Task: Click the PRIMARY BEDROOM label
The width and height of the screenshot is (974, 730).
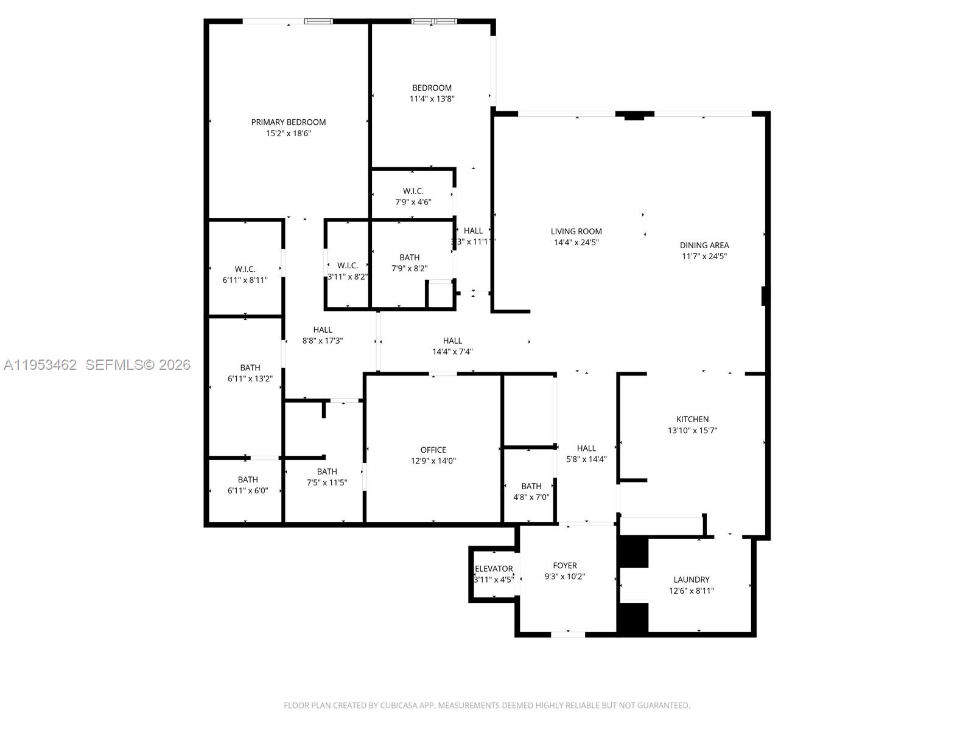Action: click(289, 122)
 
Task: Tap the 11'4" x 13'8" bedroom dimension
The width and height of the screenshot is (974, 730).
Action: click(432, 99)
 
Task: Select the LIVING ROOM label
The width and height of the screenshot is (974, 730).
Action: click(576, 231)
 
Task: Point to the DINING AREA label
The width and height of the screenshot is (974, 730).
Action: click(704, 245)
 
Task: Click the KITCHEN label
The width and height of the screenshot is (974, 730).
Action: click(692, 419)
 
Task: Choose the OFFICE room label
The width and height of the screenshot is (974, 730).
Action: click(433, 450)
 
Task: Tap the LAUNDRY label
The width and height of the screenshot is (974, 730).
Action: click(691, 580)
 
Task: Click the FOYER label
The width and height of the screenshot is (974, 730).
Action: click(564, 566)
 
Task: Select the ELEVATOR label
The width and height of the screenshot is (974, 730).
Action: click(494, 569)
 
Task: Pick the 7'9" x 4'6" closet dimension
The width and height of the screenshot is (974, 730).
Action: click(413, 202)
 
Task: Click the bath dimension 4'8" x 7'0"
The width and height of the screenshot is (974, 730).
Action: click(531, 497)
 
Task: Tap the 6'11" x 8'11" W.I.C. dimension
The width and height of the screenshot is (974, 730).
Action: click(245, 280)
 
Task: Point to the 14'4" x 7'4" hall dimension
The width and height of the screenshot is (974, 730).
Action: click(452, 352)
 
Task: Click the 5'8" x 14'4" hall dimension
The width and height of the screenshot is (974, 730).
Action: click(586, 459)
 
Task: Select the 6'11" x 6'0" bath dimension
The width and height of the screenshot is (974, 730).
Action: click(247, 490)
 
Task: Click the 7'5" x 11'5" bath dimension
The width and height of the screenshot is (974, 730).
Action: click(327, 482)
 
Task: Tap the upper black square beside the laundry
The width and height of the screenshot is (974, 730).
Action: click(633, 552)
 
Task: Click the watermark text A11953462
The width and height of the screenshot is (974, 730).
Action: click(40, 365)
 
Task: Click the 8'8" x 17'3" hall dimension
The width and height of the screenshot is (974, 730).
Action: click(323, 341)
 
